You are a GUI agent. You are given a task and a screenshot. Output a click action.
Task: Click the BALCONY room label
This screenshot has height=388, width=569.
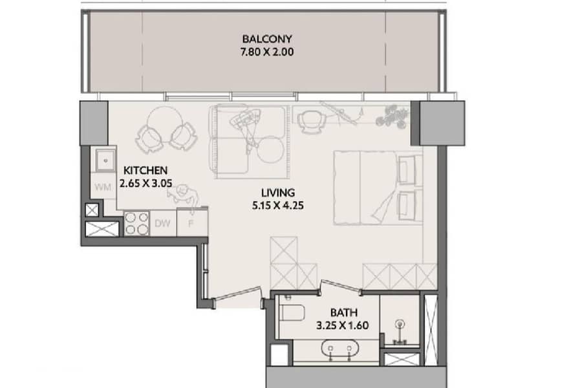[x=267, y=39]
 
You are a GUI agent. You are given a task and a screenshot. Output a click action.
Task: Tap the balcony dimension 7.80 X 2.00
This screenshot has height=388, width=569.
[x=267, y=52]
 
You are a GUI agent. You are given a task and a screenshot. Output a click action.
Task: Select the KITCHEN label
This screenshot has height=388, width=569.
[x=145, y=170]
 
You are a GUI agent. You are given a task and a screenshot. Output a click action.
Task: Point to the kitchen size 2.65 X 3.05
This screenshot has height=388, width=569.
[x=145, y=183]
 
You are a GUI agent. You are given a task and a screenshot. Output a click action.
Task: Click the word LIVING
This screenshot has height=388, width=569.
[x=278, y=193]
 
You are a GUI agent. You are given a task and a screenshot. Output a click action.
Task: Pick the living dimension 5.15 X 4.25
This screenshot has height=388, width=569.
[x=278, y=206]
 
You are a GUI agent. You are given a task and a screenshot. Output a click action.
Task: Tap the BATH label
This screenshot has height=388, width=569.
[x=344, y=312]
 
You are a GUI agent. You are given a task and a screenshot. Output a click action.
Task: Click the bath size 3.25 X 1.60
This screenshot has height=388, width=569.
[x=343, y=325]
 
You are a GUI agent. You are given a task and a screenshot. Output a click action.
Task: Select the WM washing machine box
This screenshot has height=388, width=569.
[x=103, y=186]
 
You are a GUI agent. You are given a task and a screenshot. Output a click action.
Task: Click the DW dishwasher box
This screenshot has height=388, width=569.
[x=162, y=224]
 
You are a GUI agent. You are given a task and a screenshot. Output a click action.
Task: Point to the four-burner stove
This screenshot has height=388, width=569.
[x=137, y=223]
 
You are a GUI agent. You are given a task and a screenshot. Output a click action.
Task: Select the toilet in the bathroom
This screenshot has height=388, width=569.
[x=293, y=313]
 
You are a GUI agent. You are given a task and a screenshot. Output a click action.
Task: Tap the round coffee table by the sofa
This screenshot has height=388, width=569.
[x=271, y=149]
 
